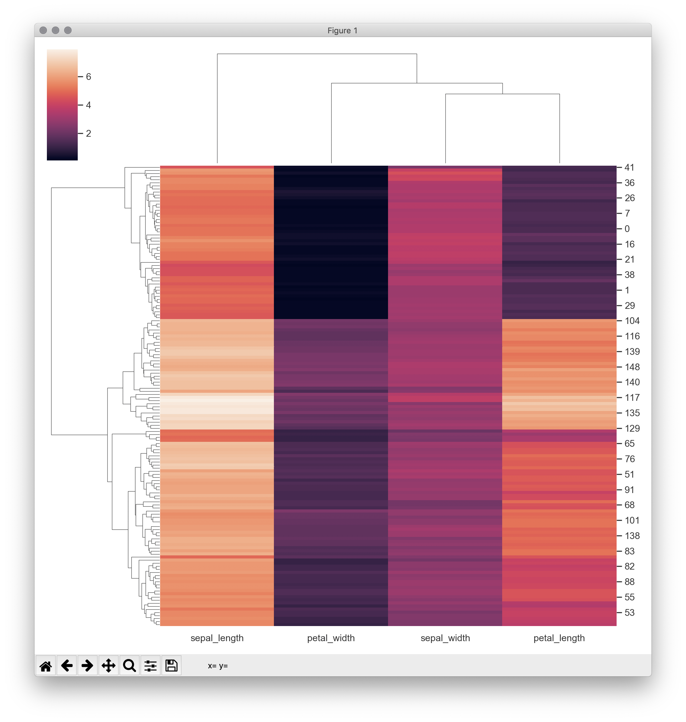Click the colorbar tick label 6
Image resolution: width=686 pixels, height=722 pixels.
(89, 77)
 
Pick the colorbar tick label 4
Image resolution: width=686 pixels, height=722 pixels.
(89, 105)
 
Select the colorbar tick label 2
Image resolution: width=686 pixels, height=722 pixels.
(89, 134)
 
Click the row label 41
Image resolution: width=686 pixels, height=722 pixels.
(629, 168)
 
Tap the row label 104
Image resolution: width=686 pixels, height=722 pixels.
(632, 321)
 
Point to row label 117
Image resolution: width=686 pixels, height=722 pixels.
(632, 398)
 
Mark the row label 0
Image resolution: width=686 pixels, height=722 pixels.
(627, 229)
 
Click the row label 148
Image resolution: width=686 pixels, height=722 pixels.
(632, 367)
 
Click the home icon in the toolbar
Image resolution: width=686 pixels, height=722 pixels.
(46, 666)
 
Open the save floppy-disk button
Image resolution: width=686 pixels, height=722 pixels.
(171, 666)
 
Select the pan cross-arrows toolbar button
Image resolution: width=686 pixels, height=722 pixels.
(109, 666)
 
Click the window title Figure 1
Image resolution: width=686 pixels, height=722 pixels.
(342, 31)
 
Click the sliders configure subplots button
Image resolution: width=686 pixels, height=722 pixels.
(150, 666)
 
